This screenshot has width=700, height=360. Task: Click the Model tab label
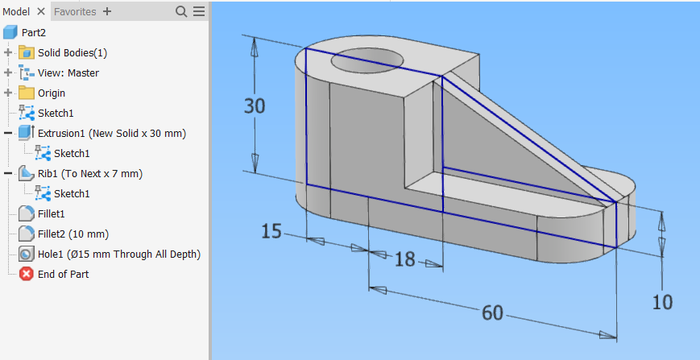(16, 11)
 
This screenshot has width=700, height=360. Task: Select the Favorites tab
(75, 11)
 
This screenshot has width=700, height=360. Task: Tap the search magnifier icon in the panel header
(181, 11)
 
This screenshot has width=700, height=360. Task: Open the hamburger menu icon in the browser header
(199, 11)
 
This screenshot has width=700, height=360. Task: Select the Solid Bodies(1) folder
(72, 52)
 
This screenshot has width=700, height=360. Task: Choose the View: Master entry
(68, 72)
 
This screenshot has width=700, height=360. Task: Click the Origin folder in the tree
(52, 93)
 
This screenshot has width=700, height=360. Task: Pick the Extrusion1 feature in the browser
(111, 133)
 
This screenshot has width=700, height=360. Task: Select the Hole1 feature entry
(118, 254)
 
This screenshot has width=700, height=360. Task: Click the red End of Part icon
(26, 274)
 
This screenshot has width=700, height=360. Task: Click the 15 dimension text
(271, 232)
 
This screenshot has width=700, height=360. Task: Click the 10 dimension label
(662, 301)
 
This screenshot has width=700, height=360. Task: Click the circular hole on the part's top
(367, 58)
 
